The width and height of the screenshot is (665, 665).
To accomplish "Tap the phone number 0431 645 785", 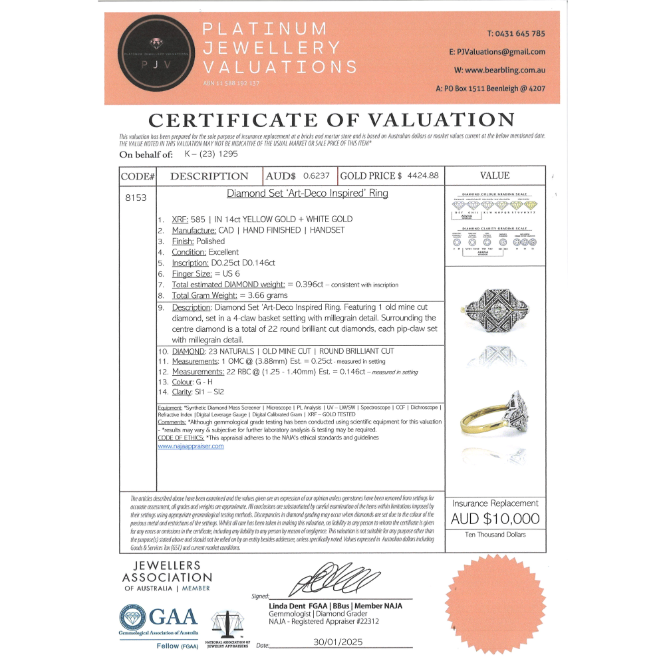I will coord(516,33).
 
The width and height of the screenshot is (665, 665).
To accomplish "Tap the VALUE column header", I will coord(495,176).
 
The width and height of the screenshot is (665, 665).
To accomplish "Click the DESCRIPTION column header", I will coord(209,176).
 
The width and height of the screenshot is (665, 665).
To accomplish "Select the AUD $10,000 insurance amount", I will coord(495,519).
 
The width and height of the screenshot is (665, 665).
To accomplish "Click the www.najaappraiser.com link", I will coord(191,446).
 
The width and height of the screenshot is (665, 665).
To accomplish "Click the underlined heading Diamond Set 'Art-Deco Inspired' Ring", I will coord(307,194).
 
